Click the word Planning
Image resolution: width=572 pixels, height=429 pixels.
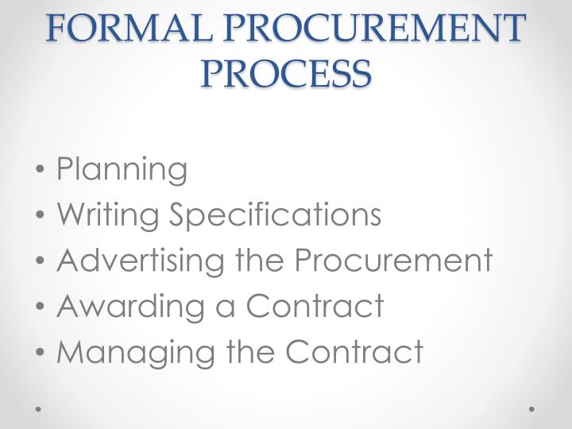[122, 169]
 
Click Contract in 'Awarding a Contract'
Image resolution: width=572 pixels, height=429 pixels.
[315, 305]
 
